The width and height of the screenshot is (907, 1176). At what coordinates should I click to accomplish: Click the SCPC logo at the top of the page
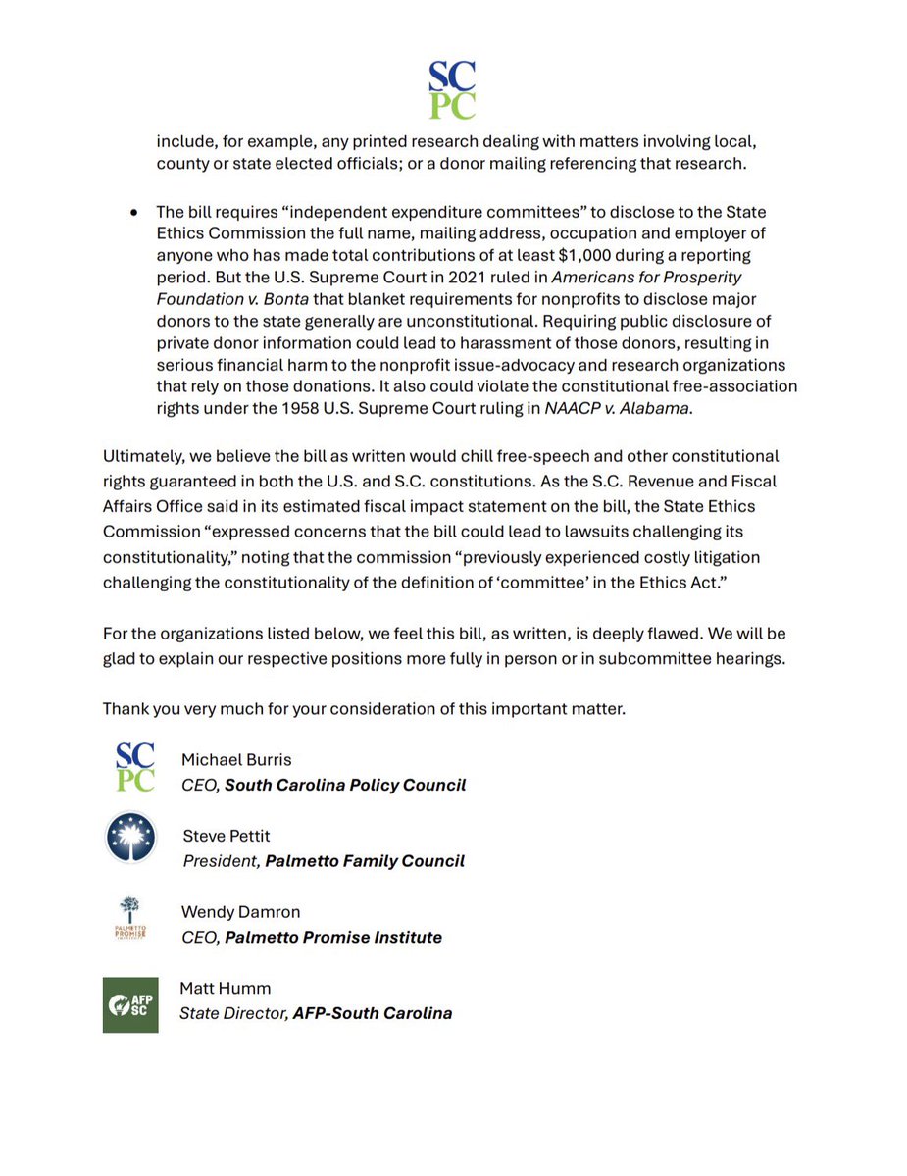coord(453,89)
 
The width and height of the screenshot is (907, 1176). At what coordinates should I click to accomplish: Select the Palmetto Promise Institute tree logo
coord(130,916)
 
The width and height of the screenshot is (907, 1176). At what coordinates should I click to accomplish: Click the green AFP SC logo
coord(130,1003)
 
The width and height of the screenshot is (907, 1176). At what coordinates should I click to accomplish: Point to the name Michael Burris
coord(236,759)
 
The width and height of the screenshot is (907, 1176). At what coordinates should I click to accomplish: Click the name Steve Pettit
coord(227,836)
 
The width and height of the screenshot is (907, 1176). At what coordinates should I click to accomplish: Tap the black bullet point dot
coord(133,213)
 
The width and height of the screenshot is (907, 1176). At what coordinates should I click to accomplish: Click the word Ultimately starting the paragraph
coord(143,456)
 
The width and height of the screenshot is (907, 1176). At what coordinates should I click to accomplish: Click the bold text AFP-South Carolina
coord(373,1013)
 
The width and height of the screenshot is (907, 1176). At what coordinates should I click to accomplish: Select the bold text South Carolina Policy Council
coord(345,785)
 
